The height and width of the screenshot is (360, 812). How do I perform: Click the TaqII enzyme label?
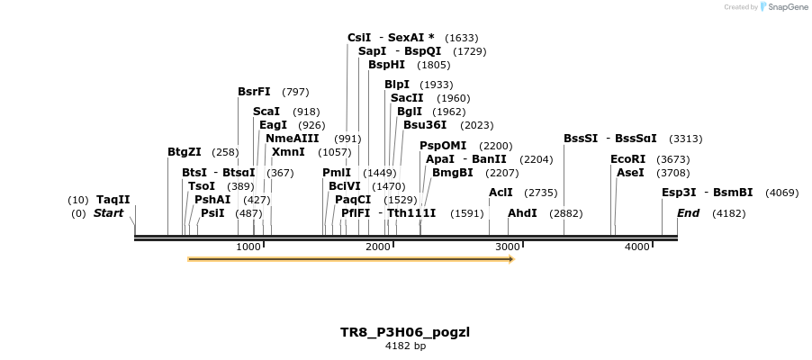(x=113, y=200)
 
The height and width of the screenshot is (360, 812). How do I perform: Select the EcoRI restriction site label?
(x=628, y=159)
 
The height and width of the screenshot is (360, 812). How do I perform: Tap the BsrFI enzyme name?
(x=254, y=92)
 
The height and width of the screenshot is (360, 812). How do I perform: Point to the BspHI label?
(x=386, y=65)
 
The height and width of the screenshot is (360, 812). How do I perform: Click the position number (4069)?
(x=781, y=193)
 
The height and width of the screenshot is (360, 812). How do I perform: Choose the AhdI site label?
(x=522, y=213)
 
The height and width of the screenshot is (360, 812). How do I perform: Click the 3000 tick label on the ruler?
(x=508, y=247)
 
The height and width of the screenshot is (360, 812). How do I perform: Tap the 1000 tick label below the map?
(x=248, y=247)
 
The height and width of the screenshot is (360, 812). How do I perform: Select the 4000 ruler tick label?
(x=637, y=247)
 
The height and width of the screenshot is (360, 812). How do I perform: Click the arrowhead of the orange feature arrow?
(x=510, y=259)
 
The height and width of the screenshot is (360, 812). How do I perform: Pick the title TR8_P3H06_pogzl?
(x=405, y=332)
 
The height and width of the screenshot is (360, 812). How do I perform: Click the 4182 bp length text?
(x=405, y=346)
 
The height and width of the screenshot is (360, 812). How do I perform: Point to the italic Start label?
(x=108, y=213)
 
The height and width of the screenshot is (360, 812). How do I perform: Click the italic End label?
(x=688, y=213)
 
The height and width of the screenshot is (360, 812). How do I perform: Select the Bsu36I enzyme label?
(x=425, y=125)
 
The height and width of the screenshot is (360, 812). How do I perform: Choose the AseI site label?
(x=630, y=173)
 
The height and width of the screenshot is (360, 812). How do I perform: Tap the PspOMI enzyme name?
(x=443, y=146)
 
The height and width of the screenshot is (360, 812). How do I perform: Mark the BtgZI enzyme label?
(x=185, y=152)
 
